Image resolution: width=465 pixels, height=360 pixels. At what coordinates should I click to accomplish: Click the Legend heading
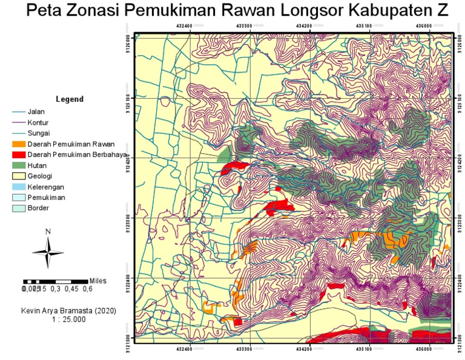pyautogui.click(x=69, y=99)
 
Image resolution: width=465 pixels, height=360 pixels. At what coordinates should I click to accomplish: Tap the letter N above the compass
pyautogui.click(x=48, y=232)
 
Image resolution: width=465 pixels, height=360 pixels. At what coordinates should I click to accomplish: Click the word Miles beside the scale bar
pyautogui.click(x=98, y=281)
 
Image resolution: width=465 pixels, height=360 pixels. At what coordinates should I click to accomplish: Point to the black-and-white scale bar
pyautogui.click(x=56, y=282)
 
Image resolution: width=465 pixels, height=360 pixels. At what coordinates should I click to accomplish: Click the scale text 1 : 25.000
pyautogui.click(x=68, y=319)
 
